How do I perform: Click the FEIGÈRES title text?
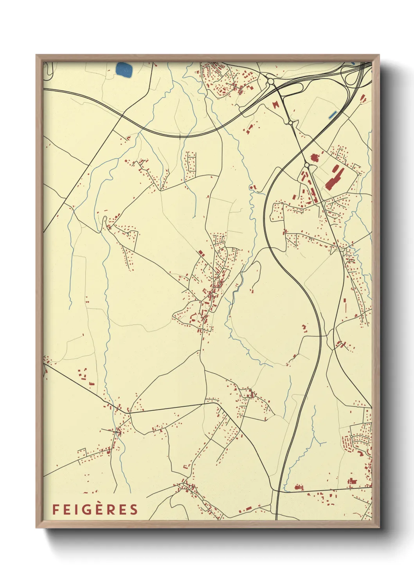click(95, 509)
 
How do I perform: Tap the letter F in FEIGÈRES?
click(55, 509)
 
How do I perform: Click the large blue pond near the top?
click(124, 70)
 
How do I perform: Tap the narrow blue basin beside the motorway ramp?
click(333, 115)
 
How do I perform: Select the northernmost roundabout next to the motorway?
click(270, 81)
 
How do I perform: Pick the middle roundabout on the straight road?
click(290, 123)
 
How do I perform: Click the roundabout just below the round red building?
click(306, 165)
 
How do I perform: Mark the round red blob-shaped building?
click(313, 158)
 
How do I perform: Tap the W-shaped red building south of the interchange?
click(277, 104)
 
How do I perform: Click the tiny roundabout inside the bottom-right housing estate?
click(351, 436)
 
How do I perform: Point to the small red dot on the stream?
click(251, 187)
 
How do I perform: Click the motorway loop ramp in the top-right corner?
click(349, 77)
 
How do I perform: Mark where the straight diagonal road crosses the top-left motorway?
click(123, 115)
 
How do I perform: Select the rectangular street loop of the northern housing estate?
click(191, 162)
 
